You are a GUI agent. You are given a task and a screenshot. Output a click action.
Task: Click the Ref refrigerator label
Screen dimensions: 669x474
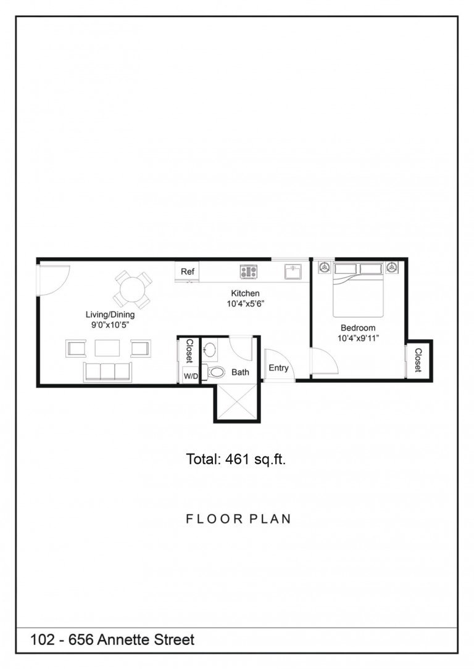tap(187, 271)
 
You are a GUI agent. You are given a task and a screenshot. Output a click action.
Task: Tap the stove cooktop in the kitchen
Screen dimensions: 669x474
tap(248, 271)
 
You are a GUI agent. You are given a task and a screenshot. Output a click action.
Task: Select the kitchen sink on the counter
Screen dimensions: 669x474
tap(293, 271)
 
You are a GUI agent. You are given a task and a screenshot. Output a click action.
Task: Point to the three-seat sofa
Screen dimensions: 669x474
tap(108, 371)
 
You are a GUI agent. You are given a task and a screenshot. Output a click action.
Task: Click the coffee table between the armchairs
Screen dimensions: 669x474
tap(108, 348)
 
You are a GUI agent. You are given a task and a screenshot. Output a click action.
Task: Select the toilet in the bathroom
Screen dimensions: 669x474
tap(215, 372)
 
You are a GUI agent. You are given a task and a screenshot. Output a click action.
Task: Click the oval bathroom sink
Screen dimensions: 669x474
tap(210, 350)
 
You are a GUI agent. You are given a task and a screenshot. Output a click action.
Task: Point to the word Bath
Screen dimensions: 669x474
tap(240, 372)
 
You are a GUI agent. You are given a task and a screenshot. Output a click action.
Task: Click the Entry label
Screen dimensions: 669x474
tap(278, 368)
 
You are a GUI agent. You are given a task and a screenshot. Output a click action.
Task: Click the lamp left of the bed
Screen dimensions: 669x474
tap(323, 268)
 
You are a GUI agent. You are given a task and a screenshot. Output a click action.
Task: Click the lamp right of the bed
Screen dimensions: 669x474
tap(392, 268)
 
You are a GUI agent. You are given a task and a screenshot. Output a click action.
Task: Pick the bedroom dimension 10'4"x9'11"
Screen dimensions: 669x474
tap(358, 339)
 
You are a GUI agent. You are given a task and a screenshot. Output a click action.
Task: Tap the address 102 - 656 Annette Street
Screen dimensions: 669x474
tap(112, 640)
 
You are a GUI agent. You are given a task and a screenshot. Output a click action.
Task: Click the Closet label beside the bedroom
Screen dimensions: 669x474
tap(418, 360)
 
